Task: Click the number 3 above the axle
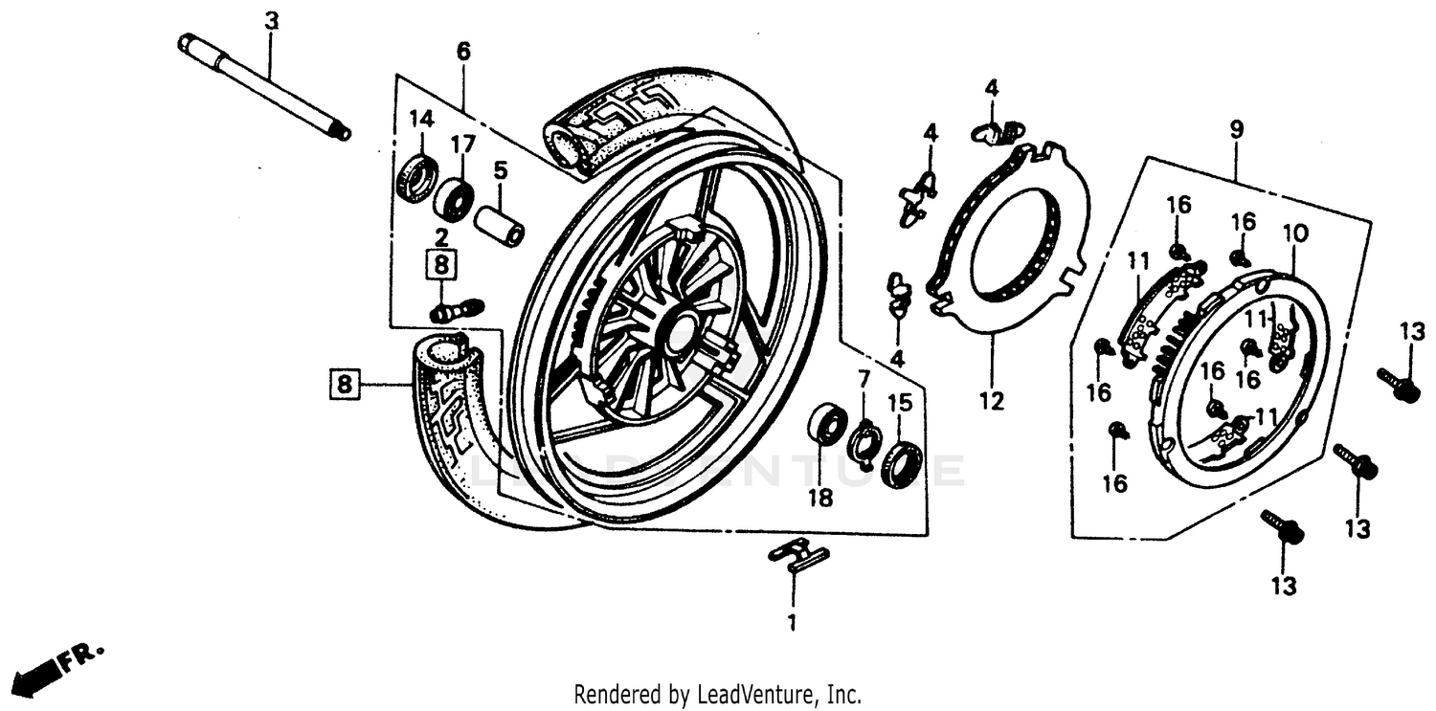click(x=271, y=20)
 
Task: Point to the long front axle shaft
click(x=263, y=87)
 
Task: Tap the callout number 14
click(x=421, y=120)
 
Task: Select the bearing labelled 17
click(x=454, y=197)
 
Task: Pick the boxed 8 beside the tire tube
click(x=345, y=385)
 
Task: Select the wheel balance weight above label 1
click(x=799, y=555)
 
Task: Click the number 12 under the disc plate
click(x=992, y=402)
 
